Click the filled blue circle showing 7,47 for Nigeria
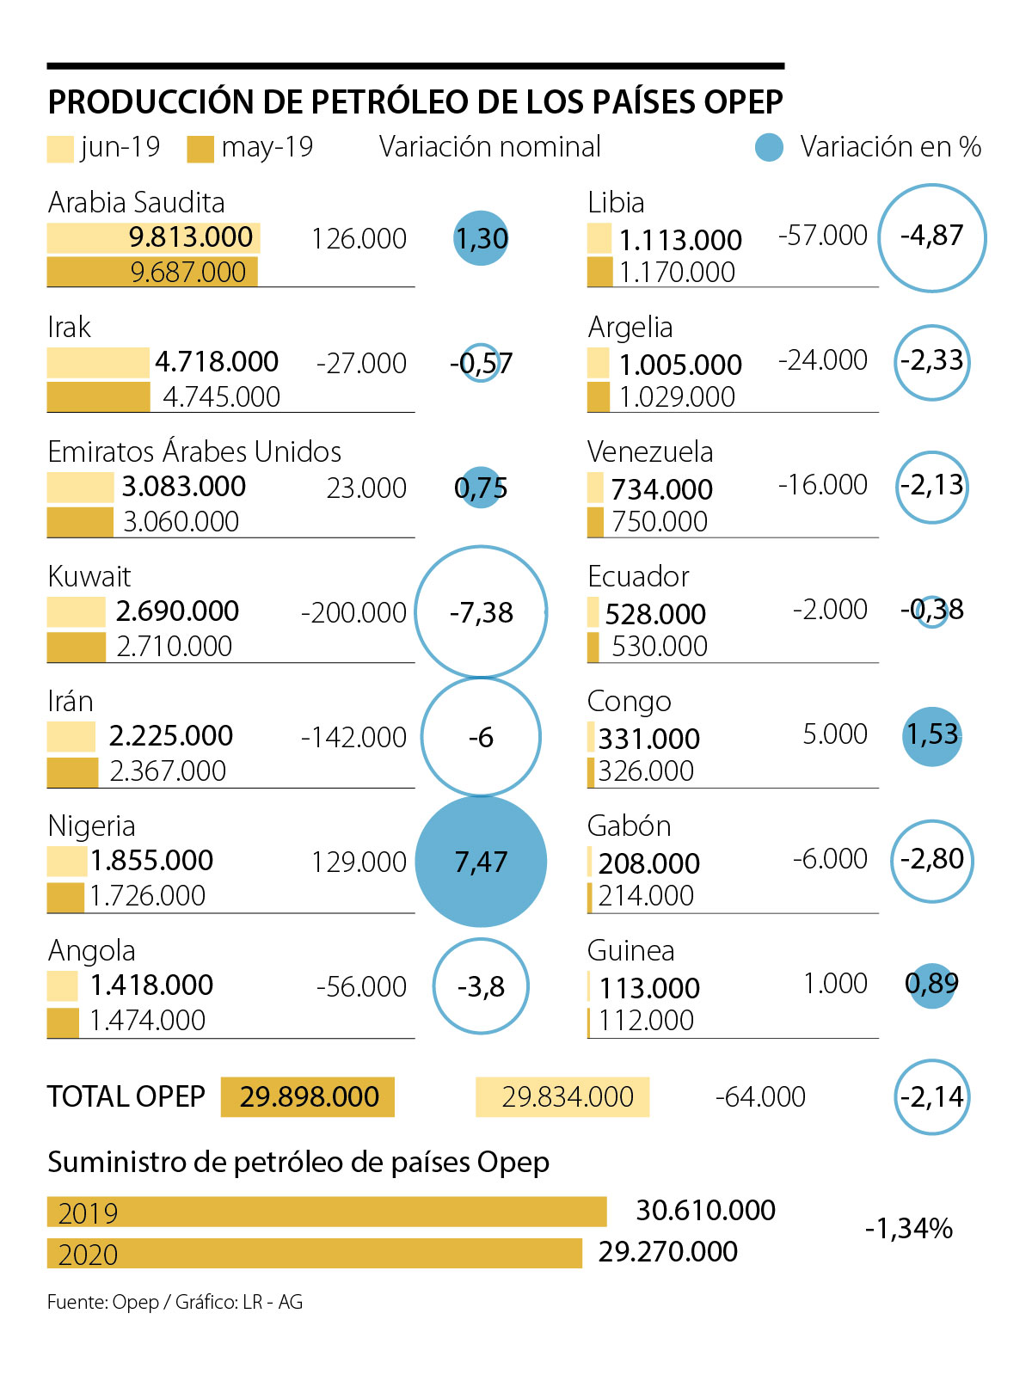point(481,861)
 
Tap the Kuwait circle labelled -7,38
point(481,612)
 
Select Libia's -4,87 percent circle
point(931,237)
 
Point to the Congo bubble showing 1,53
point(931,735)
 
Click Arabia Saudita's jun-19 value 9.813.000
point(191,237)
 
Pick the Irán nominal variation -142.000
point(353,737)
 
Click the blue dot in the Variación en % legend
point(769,148)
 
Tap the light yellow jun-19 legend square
point(60,149)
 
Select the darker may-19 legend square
point(200,149)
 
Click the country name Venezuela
point(650,451)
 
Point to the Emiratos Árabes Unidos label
point(194,451)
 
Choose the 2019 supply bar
point(327,1212)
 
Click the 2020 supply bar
point(315,1253)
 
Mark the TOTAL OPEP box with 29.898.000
point(308,1096)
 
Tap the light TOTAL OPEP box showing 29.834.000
point(562,1096)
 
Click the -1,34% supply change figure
point(908,1228)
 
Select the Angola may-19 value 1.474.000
point(148,1021)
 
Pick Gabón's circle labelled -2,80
point(931,860)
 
